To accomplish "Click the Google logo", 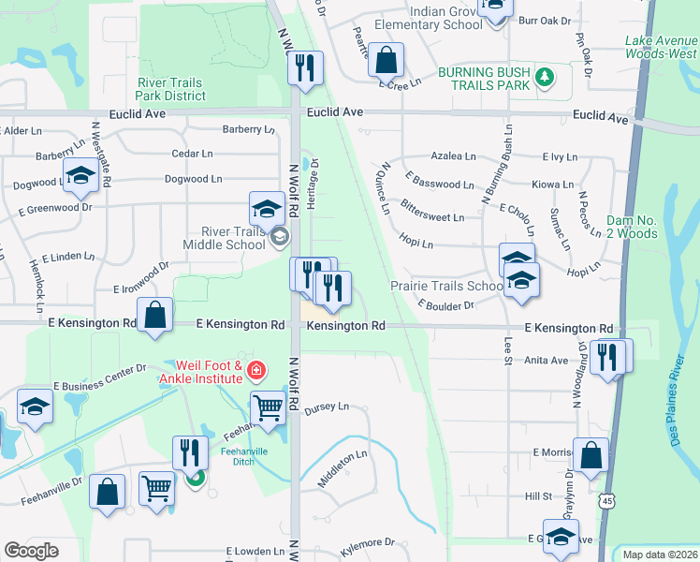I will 31,551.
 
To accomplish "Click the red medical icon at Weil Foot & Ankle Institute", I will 255,372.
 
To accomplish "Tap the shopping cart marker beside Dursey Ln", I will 268,407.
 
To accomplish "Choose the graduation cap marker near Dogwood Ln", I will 81,175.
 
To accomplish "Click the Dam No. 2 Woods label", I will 634,226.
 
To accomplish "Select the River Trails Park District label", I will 170,89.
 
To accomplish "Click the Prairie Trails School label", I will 447,286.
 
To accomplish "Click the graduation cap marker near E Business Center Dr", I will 36,407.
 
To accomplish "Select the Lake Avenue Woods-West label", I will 661,47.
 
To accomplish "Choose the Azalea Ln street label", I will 453,156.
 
